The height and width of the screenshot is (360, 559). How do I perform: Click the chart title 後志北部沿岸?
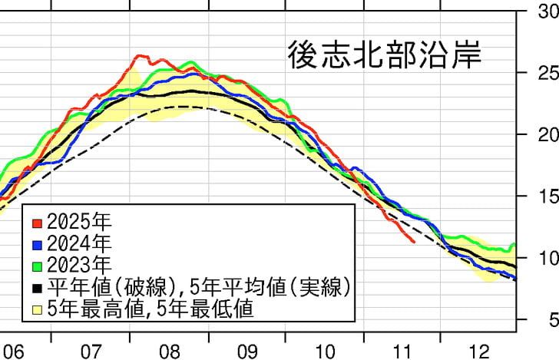click(385, 55)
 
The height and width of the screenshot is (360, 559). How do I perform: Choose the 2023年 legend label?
click(79, 266)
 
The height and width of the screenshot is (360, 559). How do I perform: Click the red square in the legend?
click(36, 223)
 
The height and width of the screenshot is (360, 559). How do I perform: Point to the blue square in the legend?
click(36, 245)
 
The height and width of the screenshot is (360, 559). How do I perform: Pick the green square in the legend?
click(36, 266)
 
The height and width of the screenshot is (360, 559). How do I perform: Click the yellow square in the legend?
click(36, 309)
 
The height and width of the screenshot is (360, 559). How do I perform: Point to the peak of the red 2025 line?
click(138, 56)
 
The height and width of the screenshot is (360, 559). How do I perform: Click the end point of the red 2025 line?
click(414, 242)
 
